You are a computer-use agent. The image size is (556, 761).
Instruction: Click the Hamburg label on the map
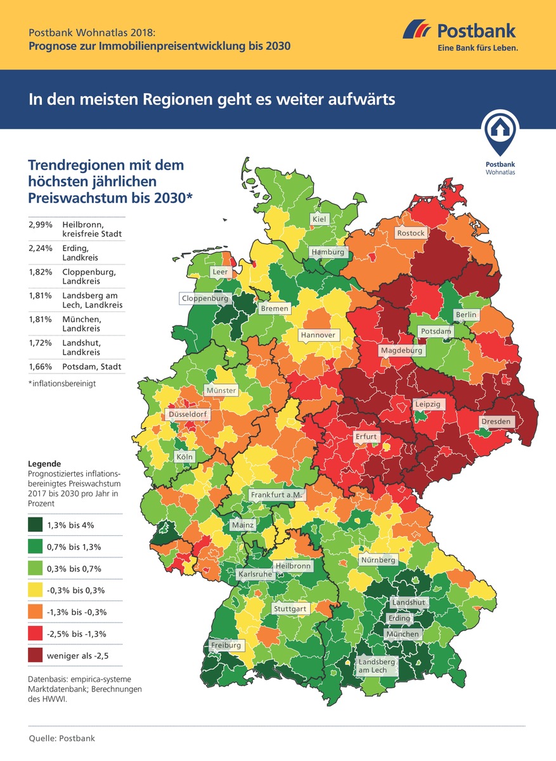point(328,252)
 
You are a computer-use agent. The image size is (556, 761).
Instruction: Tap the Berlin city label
point(465,315)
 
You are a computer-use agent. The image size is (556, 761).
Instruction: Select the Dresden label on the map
point(496,421)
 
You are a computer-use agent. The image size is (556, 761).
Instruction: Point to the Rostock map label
point(411,233)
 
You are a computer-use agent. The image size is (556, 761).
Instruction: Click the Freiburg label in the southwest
point(226,646)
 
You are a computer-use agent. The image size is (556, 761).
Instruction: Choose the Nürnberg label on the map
point(378,560)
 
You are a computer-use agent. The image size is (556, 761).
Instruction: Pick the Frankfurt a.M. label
point(278,495)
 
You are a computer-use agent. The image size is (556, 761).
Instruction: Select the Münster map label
point(221,391)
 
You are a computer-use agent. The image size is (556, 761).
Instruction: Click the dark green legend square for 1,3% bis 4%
point(36,525)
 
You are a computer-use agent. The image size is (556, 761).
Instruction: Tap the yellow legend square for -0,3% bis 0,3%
point(36,590)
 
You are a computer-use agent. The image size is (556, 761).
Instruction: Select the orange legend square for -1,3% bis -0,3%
point(36,612)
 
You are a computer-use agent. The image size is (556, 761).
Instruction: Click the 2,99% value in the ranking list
point(39,225)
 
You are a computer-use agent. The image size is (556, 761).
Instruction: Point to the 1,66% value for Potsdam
point(39,367)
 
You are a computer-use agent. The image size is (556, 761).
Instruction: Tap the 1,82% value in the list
point(39,272)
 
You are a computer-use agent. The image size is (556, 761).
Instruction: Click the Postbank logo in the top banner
point(460,36)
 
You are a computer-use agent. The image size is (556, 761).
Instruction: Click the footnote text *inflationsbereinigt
point(61,384)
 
